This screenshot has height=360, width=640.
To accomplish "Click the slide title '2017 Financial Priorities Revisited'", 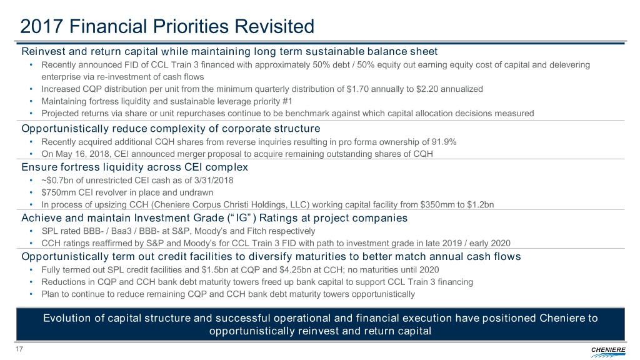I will pos(166,26).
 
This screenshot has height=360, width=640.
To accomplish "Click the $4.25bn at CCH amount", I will pos(288,270).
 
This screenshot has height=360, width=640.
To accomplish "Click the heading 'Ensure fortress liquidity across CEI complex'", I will pos(134,167).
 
